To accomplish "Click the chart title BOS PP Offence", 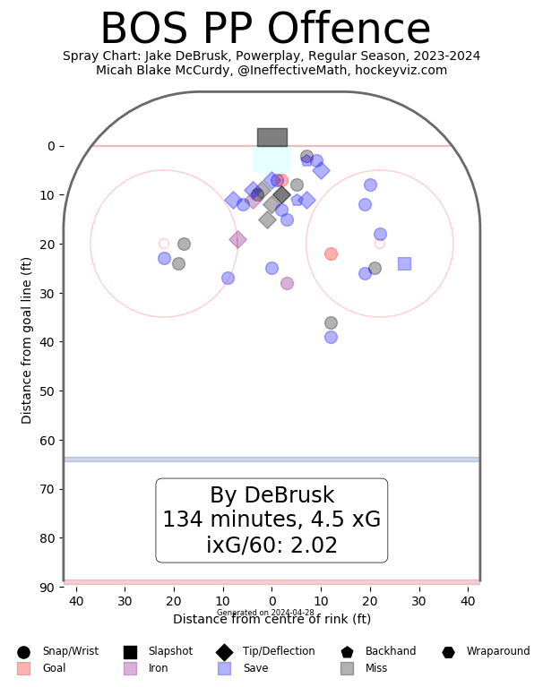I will (264, 30).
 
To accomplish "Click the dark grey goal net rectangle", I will (271, 137).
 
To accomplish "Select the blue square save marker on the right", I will (404, 263).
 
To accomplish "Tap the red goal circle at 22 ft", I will (331, 253).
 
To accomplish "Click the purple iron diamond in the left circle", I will (237, 239).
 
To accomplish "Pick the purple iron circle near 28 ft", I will (287, 283).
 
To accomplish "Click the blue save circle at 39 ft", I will (331, 337).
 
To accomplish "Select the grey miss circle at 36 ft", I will (331, 322).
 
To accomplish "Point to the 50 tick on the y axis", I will (50, 391).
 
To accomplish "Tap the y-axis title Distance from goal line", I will (27, 340).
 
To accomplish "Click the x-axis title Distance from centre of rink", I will (271, 619).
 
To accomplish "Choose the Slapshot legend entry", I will (158, 652).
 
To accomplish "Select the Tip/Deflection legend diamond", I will (224, 652).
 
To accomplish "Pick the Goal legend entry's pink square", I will (23, 668).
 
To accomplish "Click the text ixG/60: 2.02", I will (271, 545).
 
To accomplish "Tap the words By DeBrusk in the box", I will (271, 495).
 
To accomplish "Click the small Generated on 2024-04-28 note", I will (265, 613).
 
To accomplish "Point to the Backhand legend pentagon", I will (348, 652).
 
